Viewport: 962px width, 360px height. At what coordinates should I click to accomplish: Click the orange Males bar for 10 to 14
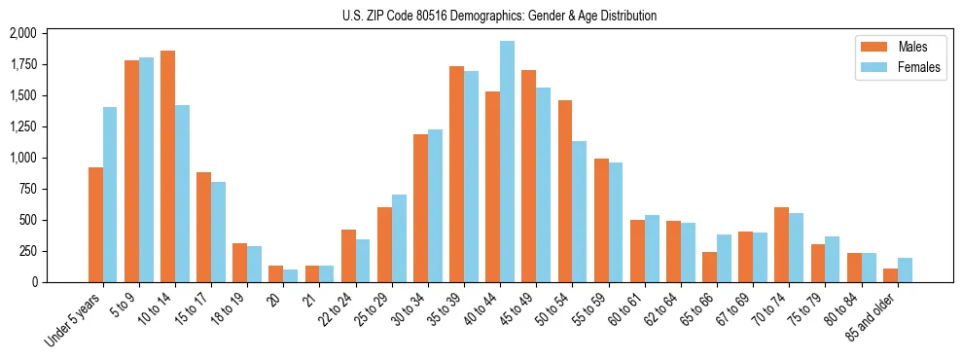pyautogui.click(x=167, y=166)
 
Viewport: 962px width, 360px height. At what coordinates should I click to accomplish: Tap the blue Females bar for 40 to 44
pyautogui.click(x=507, y=162)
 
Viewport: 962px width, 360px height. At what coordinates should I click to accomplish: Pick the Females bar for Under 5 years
pyautogui.click(x=110, y=195)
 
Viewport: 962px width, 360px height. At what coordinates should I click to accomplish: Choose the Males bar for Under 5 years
pyautogui.click(x=95, y=225)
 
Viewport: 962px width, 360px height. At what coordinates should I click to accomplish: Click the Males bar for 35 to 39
pyautogui.click(x=456, y=174)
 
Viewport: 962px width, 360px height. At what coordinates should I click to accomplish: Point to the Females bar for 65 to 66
pyautogui.click(x=724, y=258)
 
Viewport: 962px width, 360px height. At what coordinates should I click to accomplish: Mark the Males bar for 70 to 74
pyautogui.click(x=781, y=244)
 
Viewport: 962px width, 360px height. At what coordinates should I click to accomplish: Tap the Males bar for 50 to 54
pyautogui.click(x=565, y=191)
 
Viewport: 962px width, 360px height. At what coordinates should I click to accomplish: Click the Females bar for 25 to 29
pyautogui.click(x=399, y=238)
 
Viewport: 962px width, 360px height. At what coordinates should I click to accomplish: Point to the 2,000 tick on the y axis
pyautogui.click(x=22, y=33)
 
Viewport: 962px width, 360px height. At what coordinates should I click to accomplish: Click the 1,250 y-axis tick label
pyautogui.click(x=22, y=126)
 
